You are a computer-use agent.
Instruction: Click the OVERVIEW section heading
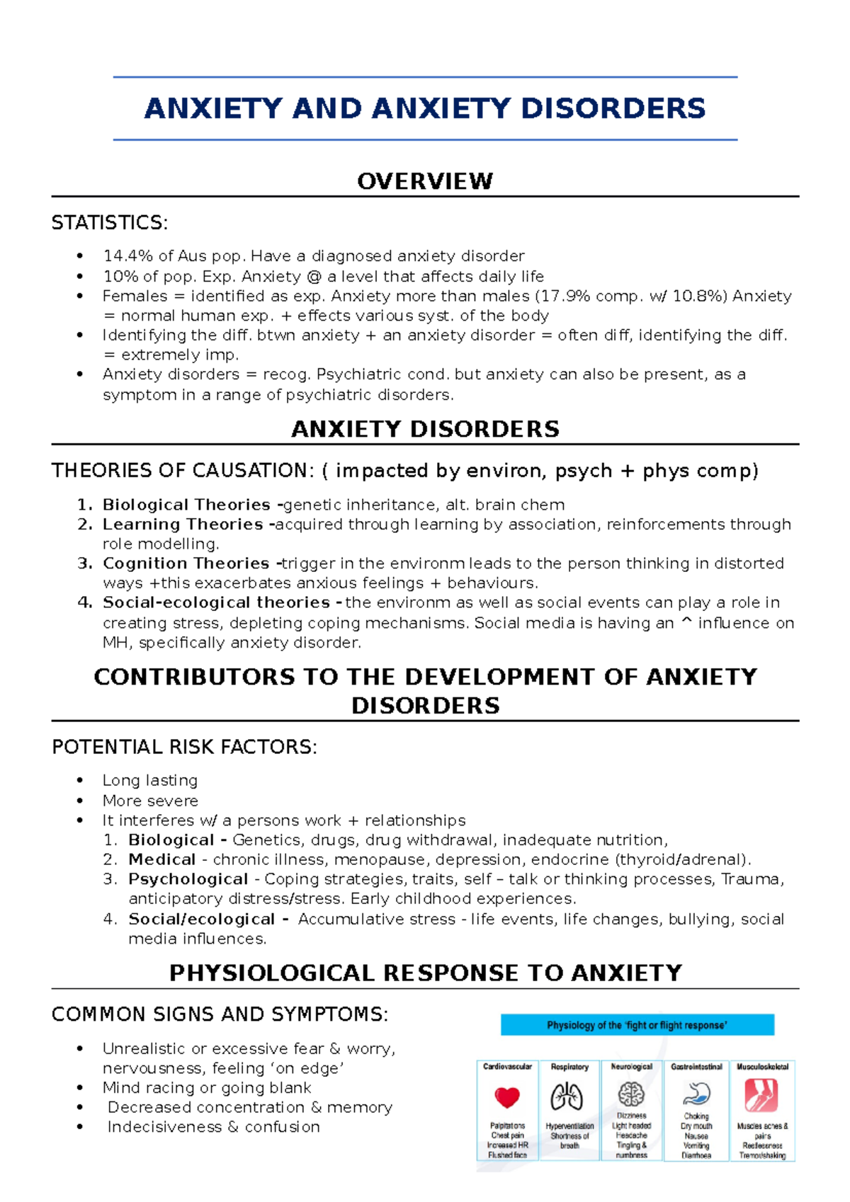coord(425,181)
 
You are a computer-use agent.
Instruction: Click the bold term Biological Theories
coord(186,505)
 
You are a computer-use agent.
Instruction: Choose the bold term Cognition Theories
coord(186,563)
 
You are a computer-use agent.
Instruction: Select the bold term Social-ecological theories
coord(216,602)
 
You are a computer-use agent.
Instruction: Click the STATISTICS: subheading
coord(110,223)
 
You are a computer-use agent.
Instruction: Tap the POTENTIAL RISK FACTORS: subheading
coord(184,747)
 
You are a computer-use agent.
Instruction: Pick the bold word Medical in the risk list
coord(162,859)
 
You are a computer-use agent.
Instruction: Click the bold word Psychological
coord(188,879)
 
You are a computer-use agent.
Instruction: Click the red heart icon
coord(507,1097)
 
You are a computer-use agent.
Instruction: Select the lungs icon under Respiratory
coord(567,1097)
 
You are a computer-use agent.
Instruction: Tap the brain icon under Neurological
coord(631,1094)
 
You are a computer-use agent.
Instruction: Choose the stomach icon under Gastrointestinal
coord(696,1095)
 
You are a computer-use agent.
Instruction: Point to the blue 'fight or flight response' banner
coord(637,1025)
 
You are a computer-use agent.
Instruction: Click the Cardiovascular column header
coord(507,1067)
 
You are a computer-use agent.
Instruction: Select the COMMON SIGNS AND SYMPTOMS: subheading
coord(220,1014)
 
